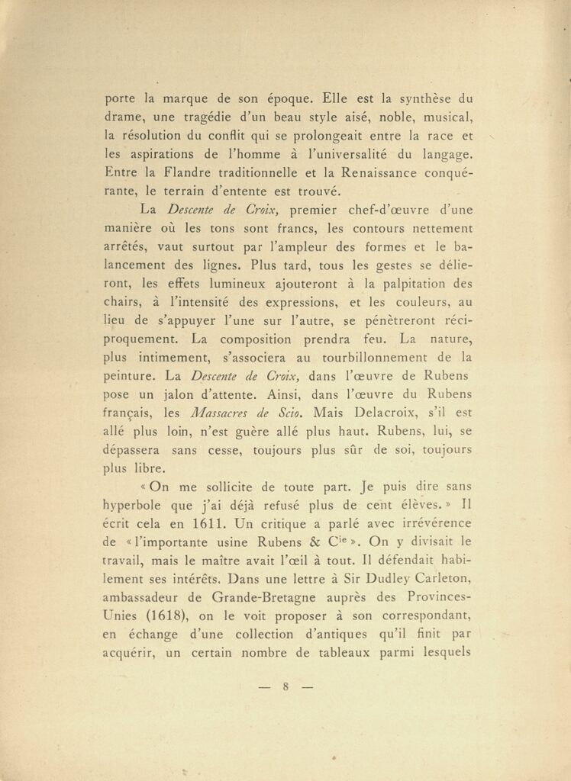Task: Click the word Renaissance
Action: click(x=375, y=172)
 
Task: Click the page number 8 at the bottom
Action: click(x=285, y=686)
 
